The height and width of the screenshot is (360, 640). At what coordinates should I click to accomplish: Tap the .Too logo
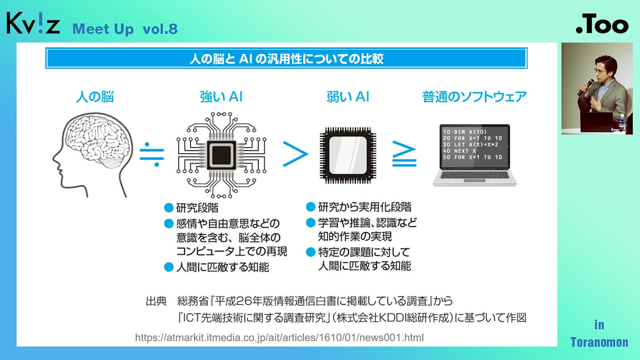pos(602,26)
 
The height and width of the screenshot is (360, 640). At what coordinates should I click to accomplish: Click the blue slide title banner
pos(286,58)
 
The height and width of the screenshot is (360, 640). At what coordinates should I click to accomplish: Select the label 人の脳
pos(95,97)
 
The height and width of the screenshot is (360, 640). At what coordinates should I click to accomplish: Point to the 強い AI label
pos(221,97)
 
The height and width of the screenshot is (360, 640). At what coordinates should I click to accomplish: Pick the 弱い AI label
pos(348,97)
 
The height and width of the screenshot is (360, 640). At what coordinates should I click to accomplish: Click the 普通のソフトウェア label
pos(474,97)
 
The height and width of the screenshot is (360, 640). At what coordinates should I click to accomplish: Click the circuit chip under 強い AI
pos(221,155)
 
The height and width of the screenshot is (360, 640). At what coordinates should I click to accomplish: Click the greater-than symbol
pos(295,155)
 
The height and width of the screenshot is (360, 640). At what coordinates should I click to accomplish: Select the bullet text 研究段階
pos(197,208)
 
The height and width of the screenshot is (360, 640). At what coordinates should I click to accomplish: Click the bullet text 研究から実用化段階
pos(364,207)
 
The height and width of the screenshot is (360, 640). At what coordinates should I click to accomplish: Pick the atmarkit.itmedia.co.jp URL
pos(279,338)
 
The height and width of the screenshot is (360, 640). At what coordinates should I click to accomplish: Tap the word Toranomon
pos(599,342)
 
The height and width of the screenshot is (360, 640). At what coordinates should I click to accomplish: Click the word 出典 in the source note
pos(156,301)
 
